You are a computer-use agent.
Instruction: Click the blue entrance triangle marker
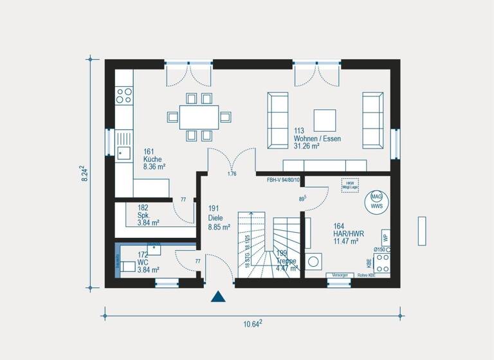tap(219, 296)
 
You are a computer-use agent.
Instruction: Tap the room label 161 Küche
tap(152, 159)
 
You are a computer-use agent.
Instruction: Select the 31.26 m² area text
tap(307, 146)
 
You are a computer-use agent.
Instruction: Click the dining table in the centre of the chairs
tap(198, 117)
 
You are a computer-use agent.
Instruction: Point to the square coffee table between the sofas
tap(324, 120)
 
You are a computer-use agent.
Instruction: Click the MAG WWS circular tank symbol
tap(376, 201)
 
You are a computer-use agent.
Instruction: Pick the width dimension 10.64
tap(252, 324)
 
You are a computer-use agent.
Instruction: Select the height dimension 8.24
tap(84, 175)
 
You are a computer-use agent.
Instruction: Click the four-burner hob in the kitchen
tap(124, 96)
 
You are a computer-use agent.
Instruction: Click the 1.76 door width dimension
tap(232, 174)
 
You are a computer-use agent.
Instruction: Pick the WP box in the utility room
tap(385, 237)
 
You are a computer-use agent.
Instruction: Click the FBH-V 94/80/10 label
tap(284, 181)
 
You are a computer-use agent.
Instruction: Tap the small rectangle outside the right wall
tap(422, 231)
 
